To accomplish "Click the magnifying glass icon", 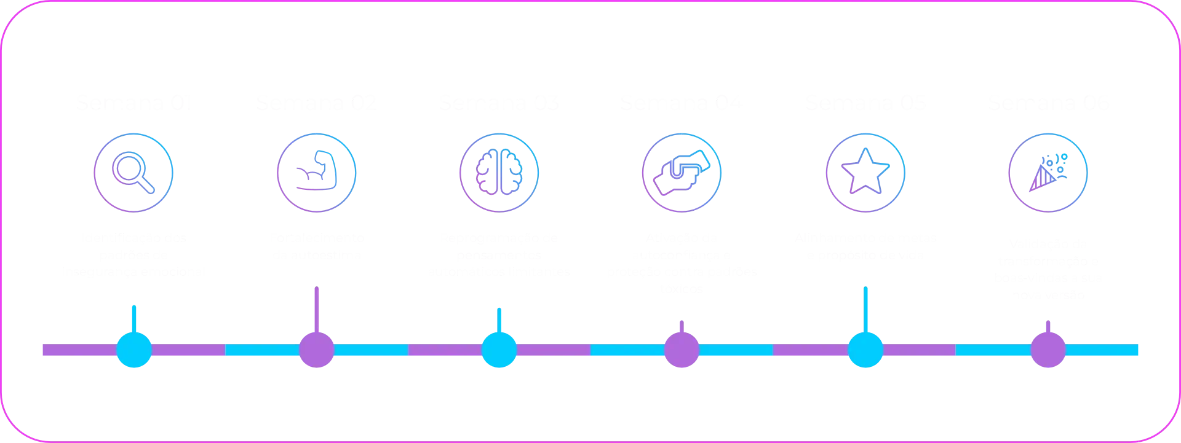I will tap(134, 173).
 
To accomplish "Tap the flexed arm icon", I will tap(317, 173).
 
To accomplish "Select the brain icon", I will tap(499, 173).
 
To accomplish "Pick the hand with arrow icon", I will tap(681, 173).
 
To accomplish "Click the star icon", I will tap(864, 173).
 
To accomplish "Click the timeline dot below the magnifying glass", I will tap(134, 350).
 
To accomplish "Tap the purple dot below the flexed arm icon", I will tap(317, 350).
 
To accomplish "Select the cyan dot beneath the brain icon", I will tap(499, 350).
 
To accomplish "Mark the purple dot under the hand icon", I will tap(681, 350).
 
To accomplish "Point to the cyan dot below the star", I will tap(865, 350).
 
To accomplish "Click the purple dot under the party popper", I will tap(1047, 350).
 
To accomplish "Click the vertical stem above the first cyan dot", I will tap(133, 318).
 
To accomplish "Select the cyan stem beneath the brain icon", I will tap(499, 318).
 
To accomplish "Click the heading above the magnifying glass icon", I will tap(134, 104).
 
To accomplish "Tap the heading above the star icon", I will tap(864, 104).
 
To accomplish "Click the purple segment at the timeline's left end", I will tap(74, 351).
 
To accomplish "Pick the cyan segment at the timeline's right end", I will tap(1107, 351).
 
